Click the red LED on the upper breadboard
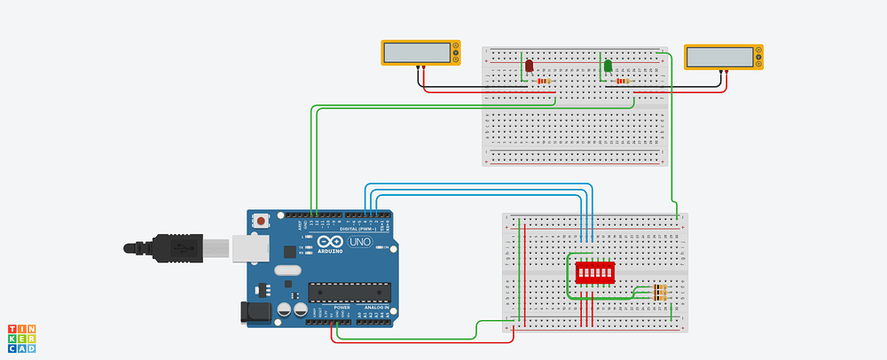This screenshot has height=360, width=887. click(x=528, y=67)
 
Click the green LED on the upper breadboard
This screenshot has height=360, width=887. click(x=608, y=67)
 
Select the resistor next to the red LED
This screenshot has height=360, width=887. click(x=542, y=82)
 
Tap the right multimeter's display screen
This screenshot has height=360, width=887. click(x=718, y=55)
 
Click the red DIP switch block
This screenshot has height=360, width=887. click(x=594, y=271)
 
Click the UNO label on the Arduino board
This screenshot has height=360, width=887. click(x=359, y=241)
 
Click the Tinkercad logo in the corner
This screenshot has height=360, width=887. click(x=23, y=339)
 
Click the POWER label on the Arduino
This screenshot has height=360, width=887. click(x=340, y=308)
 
